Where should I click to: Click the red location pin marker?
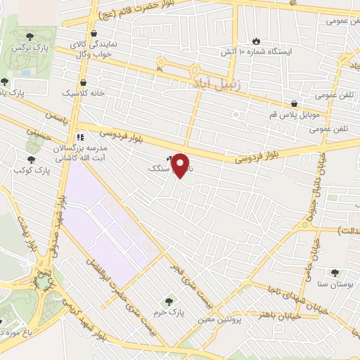[181, 165]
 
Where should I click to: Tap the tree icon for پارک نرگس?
[30, 37]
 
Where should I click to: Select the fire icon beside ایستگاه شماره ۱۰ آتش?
[256, 41]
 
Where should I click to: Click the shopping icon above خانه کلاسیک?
[84, 82]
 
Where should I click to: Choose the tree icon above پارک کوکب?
[30, 160]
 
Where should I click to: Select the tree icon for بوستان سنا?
[334, 273]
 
